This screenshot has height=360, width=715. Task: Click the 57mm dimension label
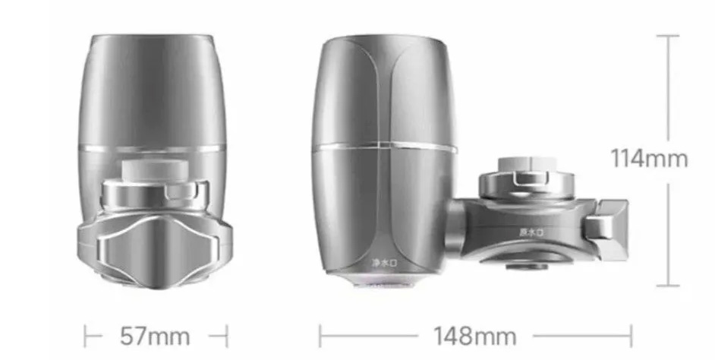[x=155, y=335]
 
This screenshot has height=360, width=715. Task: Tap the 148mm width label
[x=475, y=335]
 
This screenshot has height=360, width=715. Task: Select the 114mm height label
[x=649, y=159]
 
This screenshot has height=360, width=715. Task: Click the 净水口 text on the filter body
[x=386, y=262]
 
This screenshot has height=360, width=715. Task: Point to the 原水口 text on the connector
[x=531, y=231]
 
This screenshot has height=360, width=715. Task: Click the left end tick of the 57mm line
[x=85, y=335]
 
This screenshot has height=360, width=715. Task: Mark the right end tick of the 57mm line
[x=226, y=335]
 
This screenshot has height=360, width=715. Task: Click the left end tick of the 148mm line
[x=320, y=335]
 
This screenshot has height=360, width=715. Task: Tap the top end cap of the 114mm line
[x=668, y=35]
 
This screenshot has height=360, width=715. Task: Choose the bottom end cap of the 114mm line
[x=668, y=286]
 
